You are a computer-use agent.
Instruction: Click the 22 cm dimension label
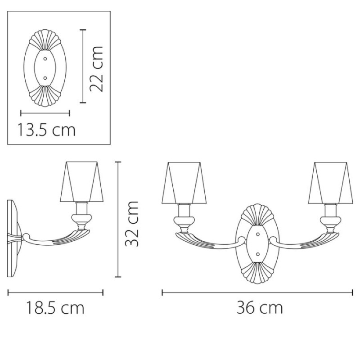(96, 69)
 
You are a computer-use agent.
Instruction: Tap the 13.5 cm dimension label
(46, 130)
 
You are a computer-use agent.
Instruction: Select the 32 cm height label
(132, 224)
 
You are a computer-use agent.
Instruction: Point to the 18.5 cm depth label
(55, 308)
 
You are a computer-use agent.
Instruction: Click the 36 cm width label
(260, 308)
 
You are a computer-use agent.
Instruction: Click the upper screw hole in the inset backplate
(45, 59)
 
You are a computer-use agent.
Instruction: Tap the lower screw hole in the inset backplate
(45, 78)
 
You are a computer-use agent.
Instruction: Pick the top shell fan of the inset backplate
(45, 40)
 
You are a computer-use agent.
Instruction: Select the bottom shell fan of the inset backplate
(45, 96)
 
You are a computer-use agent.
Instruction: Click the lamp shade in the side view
(82, 182)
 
